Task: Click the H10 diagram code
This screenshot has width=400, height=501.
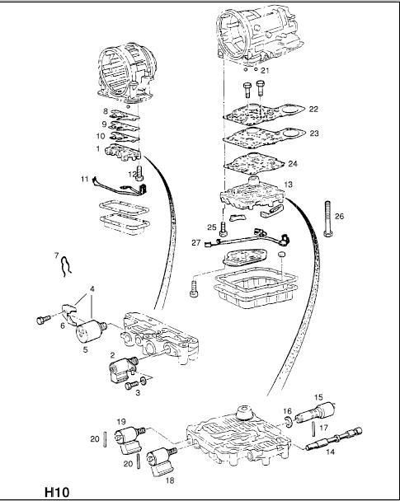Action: (57, 492)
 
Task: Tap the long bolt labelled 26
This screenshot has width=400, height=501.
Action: (327, 219)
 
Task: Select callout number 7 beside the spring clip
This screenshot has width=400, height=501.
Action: (57, 255)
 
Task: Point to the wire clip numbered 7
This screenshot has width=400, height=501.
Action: (66, 267)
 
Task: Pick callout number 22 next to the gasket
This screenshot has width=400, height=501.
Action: (313, 109)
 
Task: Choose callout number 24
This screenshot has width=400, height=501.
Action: (293, 164)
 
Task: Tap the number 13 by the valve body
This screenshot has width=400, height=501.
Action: (288, 185)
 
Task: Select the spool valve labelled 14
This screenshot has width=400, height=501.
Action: (334, 438)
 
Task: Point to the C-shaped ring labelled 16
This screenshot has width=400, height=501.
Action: (289, 421)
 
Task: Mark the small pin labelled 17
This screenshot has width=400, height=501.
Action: (314, 428)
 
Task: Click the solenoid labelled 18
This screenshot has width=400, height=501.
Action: (162, 461)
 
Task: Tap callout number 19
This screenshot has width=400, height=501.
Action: (121, 422)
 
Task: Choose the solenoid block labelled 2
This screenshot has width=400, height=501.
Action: (122, 370)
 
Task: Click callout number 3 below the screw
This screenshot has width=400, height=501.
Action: (138, 393)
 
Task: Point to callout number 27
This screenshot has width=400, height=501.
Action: (195, 242)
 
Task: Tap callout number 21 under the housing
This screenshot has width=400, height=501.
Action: (265, 70)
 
